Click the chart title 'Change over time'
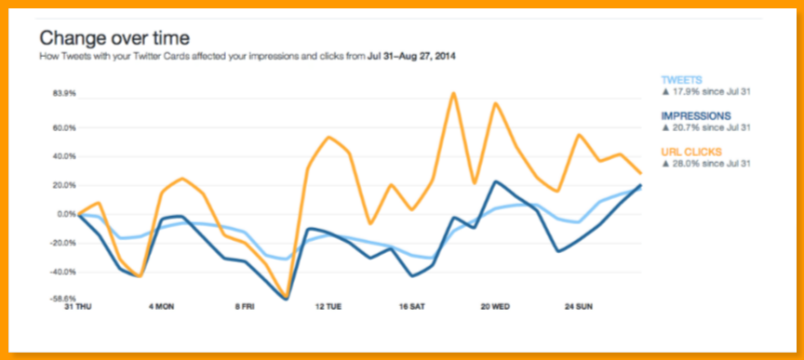(x=114, y=38)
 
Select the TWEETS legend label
(x=682, y=81)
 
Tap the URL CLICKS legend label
(x=691, y=151)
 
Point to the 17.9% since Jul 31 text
(x=706, y=92)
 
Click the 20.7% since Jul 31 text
(x=706, y=127)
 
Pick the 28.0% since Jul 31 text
(x=706, y=163)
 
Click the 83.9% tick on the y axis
(x=64, y=94)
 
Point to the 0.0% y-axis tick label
(x=66, y=214)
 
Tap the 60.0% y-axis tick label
(x=64, y=127)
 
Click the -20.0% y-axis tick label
(x=63, y=243)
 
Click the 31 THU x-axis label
(x=79, y=305)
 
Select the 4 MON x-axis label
(x=162, y=305)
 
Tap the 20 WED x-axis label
(x=494, y=305)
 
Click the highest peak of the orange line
(x=453, y=93)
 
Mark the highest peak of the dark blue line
(x=496, y=181)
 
